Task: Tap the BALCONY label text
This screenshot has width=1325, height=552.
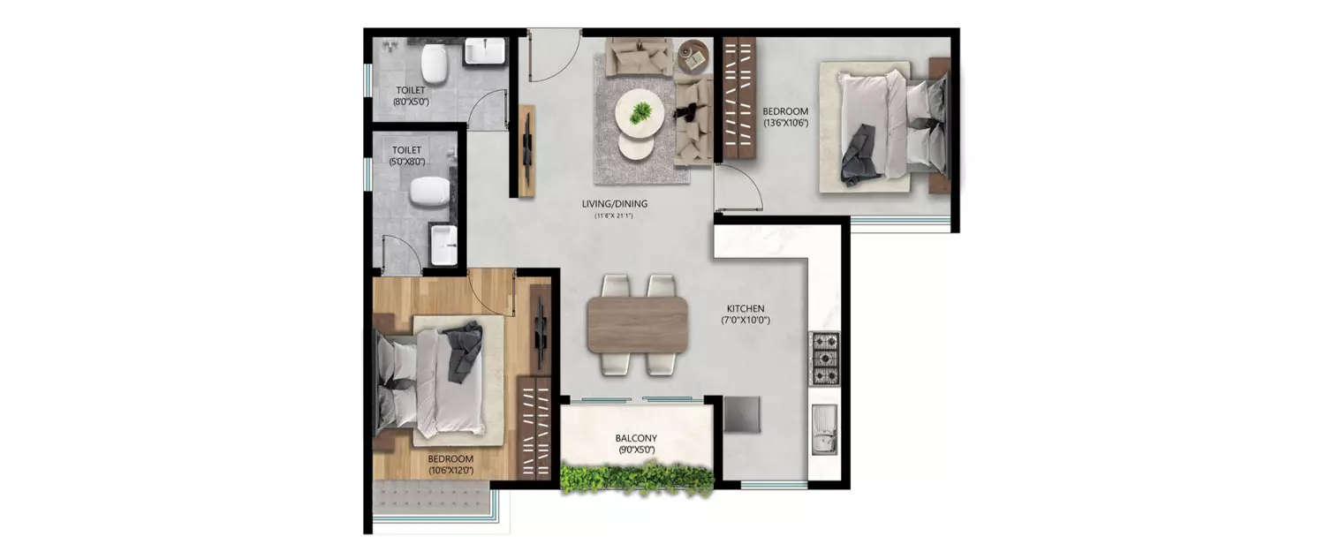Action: click(x=636, y=438)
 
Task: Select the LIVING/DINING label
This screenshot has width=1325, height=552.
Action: click(x=615, y=204)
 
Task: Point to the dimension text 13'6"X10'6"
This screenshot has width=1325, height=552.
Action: click(x=785, y=123)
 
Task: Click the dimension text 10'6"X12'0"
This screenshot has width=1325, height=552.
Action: click(x=450, y=470)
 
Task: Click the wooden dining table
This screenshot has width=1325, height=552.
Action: click(x=637, y=324)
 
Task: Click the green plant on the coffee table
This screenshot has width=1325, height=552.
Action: click(x=640, y=111)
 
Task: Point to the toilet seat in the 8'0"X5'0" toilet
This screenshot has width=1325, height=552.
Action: click(x=434, y=64)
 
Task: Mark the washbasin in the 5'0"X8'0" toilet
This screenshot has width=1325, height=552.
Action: click(x=443, y=245)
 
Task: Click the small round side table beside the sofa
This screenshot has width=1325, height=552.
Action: click(x=693, y=57)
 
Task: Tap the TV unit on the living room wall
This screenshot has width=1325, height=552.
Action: click(x=526, y=150)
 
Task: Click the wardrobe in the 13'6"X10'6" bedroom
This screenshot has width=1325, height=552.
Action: click(x=739, y=97)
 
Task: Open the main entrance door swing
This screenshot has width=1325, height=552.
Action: click(x=552, y=55)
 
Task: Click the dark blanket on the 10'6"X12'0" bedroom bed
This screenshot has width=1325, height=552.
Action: click(x=465, y=351)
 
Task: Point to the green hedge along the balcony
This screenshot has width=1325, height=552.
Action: click(x=637, y=478)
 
